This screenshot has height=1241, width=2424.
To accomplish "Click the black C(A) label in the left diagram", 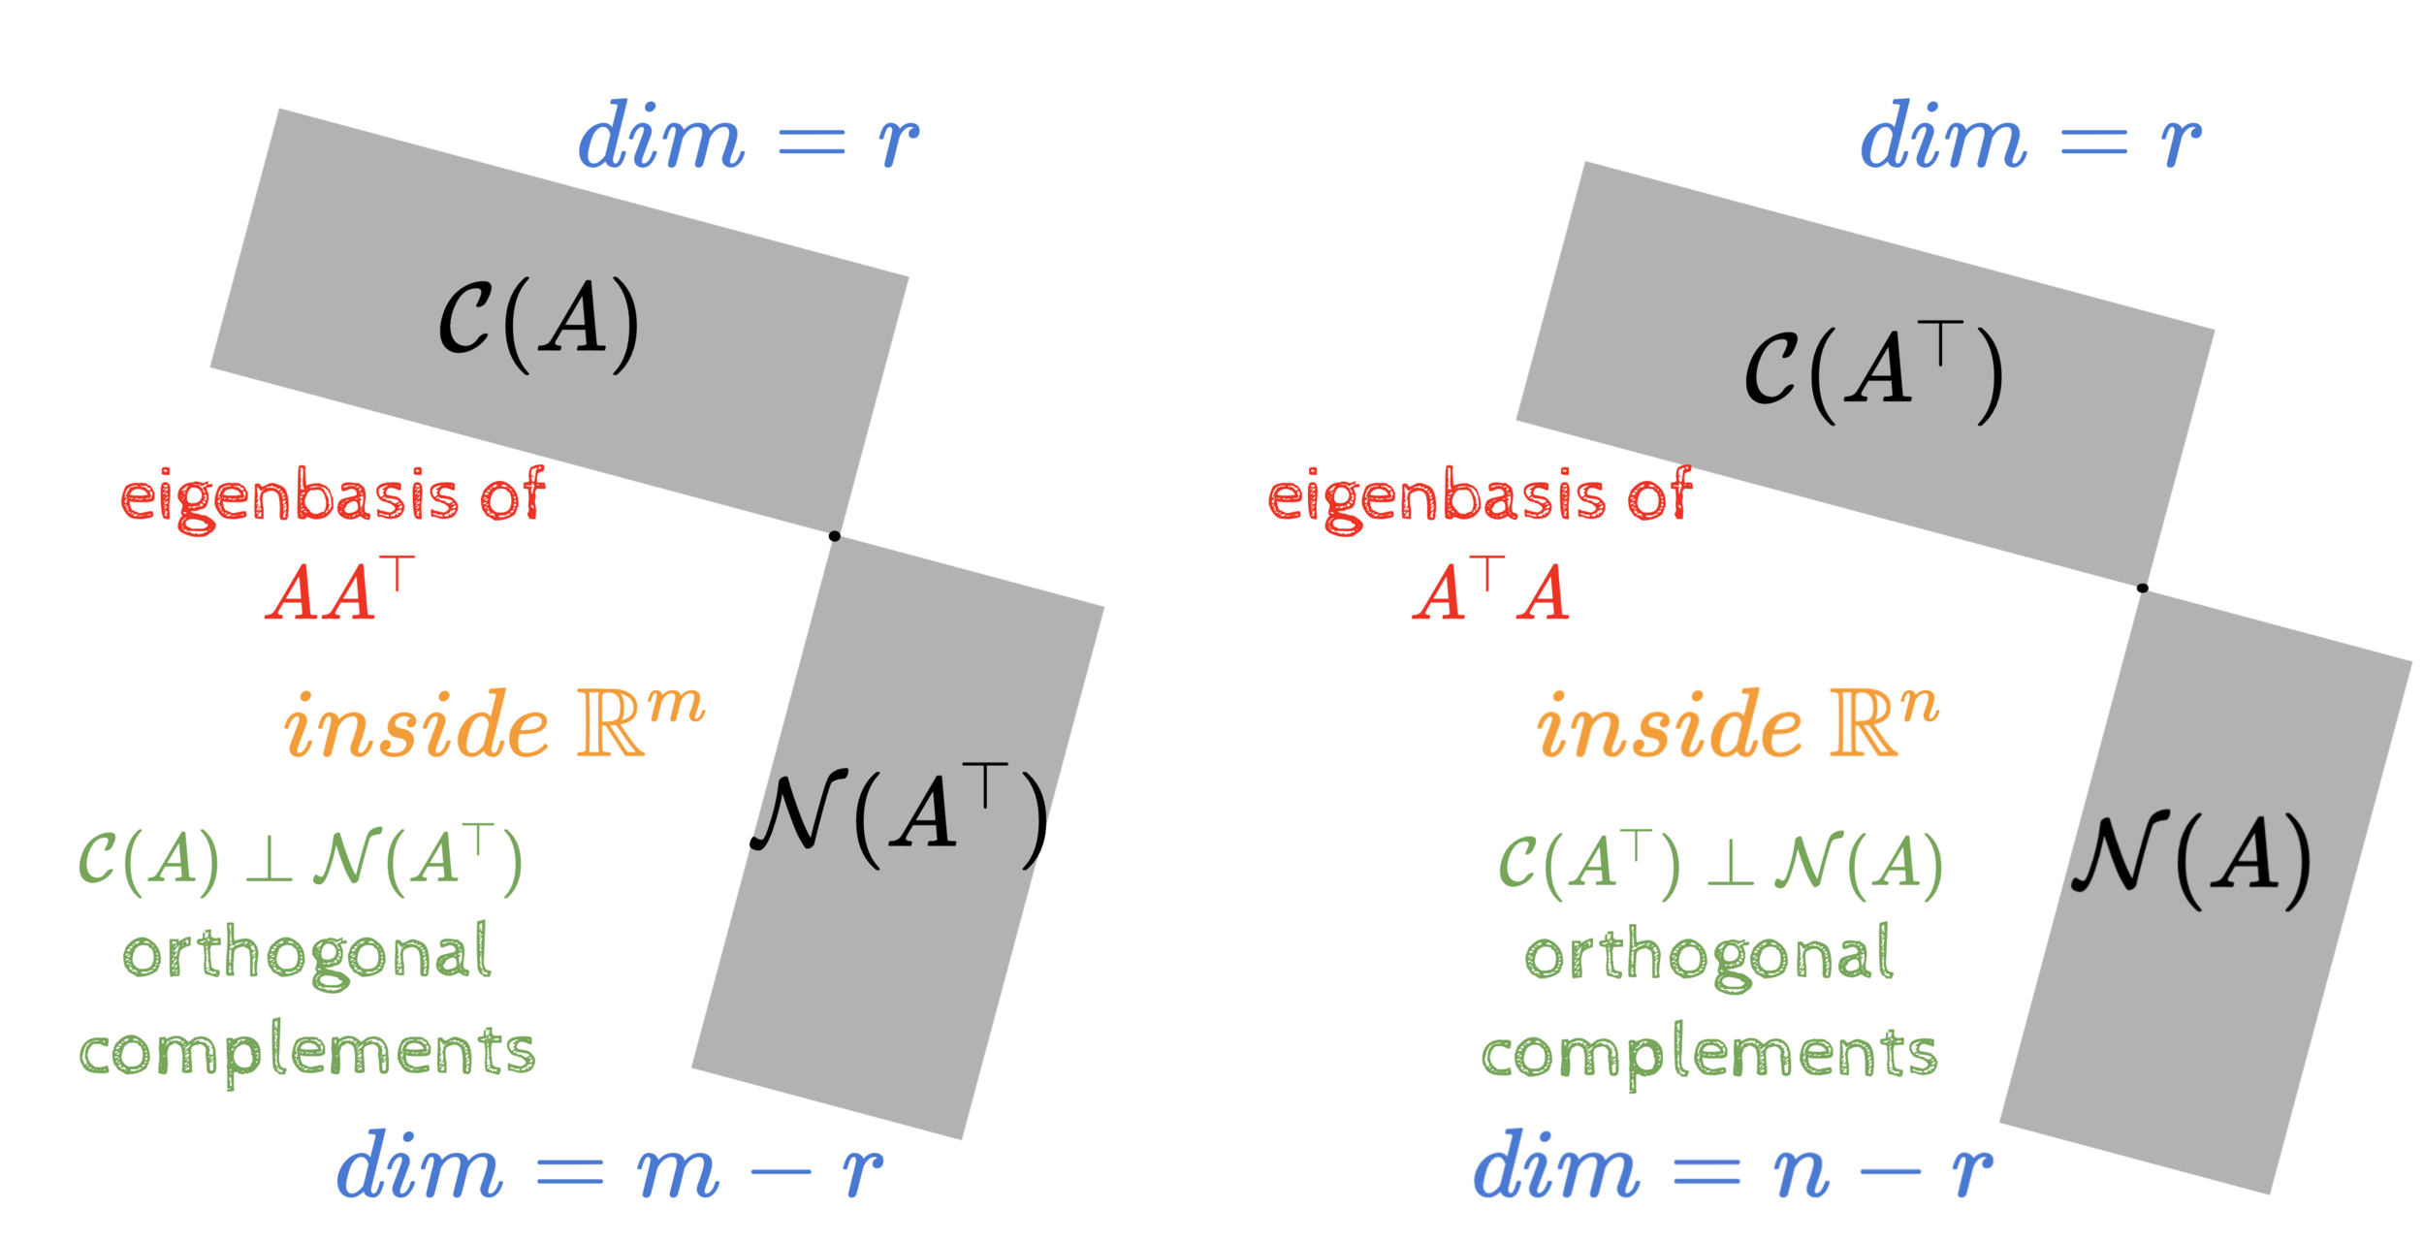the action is [539, 324].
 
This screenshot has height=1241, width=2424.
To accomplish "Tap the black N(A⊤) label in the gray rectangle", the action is [900, 814].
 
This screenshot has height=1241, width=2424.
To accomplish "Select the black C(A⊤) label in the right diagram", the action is [1873, 372].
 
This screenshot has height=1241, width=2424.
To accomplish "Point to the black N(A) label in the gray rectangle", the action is [2191, 857].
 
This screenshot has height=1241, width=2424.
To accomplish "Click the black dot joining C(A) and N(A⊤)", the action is [835, 536].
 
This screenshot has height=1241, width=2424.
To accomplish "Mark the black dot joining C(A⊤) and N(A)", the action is [2143, 588].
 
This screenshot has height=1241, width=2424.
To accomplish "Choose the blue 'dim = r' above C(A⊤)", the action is [2030, 138].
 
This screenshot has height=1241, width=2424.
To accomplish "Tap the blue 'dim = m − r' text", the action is [609, 1167].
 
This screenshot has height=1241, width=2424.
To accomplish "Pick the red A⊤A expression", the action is [1491, 589].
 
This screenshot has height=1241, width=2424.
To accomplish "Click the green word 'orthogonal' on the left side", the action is [307, 955].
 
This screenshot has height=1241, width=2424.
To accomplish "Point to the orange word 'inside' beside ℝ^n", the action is [1669, 725].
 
